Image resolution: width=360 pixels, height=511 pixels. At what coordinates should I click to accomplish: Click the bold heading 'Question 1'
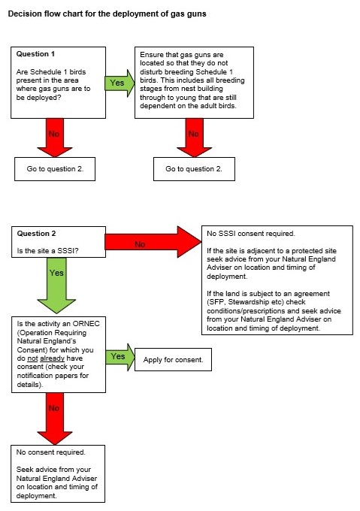36,54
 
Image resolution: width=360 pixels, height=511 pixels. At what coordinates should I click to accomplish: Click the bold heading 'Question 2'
36,234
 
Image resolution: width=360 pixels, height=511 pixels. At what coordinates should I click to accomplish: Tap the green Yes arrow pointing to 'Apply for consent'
119,356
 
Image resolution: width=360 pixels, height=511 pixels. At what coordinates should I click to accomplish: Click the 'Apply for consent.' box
173,361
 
